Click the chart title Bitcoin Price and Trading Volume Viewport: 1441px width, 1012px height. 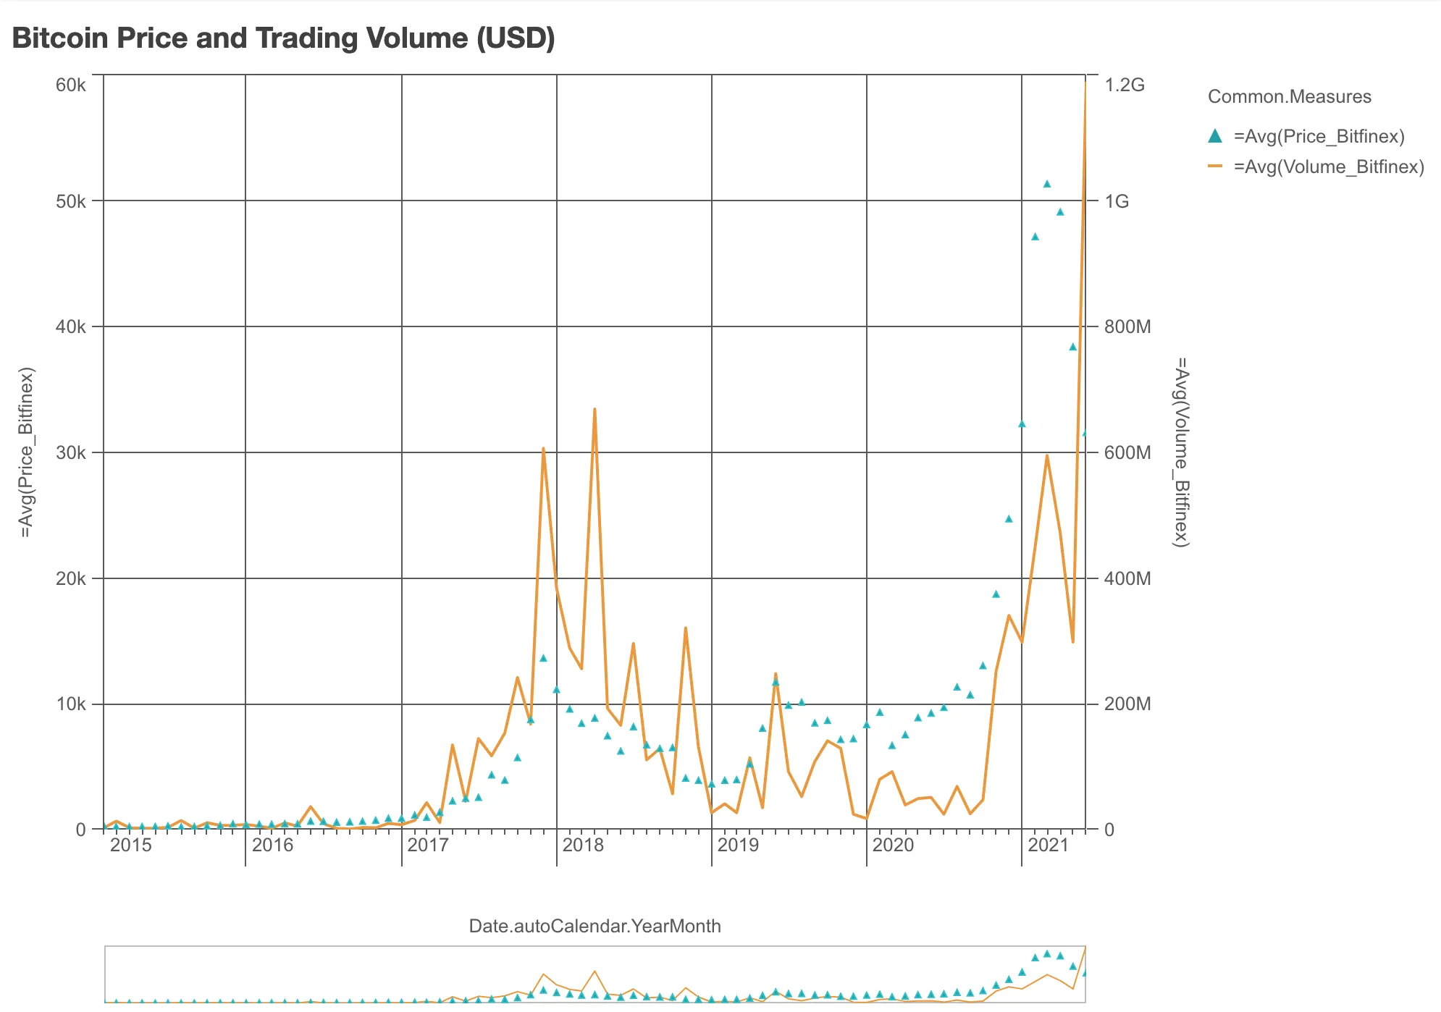pyautogui.click(x=283, y=38)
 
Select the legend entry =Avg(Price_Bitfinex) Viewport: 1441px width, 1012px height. pyautogui.click(x=1319, y=136)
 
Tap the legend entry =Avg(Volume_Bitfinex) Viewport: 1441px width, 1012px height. pyautogui.click(x=1328, y=166)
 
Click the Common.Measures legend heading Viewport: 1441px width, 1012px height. pyautogui.click(x=1289, y=96)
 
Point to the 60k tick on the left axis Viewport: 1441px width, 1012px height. pyautogui.click(x=70, y=85)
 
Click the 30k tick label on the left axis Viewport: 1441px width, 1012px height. pyautogui.click(x=70, y=452)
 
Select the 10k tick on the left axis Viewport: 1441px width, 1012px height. pyautogui.click(x=70, y=704)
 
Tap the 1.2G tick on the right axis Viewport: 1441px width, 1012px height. pyautogui.click(x=1125, y=85)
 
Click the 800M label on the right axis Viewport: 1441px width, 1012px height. pyautogui.click(x=1127, y=326)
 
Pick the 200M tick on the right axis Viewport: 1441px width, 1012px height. pyautogui.click(x=1127, y=704)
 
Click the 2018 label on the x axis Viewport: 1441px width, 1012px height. pyautogui.click(x=583, y=845)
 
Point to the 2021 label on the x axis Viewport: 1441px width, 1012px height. pyautogui.click(x=1048, y=845)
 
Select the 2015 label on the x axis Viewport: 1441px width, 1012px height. pyautogui.click(x=131, y=845)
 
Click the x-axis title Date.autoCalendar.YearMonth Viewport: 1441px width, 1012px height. pyautogui.click(x=595, y=926)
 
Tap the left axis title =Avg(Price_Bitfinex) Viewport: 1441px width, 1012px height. pyautogui.click(x=26, y=452)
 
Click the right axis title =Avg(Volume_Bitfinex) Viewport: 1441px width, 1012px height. pyautogui.click(x=1181, y=452)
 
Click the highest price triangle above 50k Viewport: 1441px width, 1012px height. pyautogui.click(x=1046, y=184)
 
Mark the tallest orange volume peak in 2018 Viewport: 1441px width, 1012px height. pyautogui.click(x=595, y=409)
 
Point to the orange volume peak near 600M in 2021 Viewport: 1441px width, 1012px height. pyautogui.click(x=1046, y=455)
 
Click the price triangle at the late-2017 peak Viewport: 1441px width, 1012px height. pyautogui.click(x=543, y=658)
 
